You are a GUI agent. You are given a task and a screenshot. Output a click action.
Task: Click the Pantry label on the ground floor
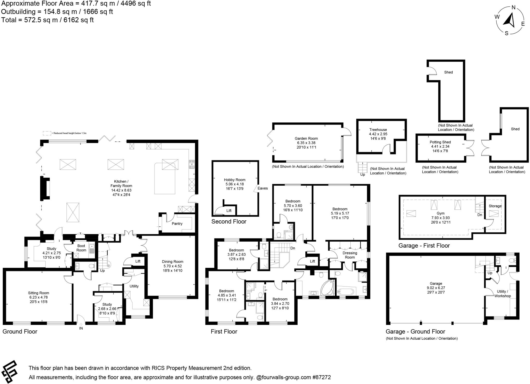click(x=177, y=224)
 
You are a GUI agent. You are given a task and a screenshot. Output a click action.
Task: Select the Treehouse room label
click(x=378, y=130)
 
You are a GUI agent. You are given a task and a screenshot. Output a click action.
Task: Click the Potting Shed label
click(x=440, y=142)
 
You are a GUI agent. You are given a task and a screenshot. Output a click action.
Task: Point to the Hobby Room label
click(x=234, y=180)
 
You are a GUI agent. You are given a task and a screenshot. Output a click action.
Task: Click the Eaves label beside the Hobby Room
click(x=263, y=188)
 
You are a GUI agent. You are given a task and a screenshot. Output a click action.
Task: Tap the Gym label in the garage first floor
click(x=440, y=213)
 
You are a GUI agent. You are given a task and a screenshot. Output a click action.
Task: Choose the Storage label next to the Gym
click(x=495, y=206)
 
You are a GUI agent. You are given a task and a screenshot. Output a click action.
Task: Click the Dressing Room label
click(x=350, y=255)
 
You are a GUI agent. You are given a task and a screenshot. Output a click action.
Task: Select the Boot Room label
click(x=81, y=248)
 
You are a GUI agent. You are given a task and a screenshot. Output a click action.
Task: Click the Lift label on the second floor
click(x=229, y=211)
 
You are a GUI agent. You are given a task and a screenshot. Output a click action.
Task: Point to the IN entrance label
click(x=81, y=328)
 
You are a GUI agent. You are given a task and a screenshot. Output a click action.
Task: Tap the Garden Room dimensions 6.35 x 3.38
click(x=306, y=143)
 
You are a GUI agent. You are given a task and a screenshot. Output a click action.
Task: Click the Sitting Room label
click(x=39, y=293)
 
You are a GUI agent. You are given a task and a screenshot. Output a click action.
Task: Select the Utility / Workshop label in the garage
click(x=502, y=294)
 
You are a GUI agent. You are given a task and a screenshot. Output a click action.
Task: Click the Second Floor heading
click(x=229, y=221)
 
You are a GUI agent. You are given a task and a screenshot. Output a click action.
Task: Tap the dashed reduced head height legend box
click(x=47, y=133)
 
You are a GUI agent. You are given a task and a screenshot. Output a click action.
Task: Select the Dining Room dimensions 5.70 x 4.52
click(x=173, y=266)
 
